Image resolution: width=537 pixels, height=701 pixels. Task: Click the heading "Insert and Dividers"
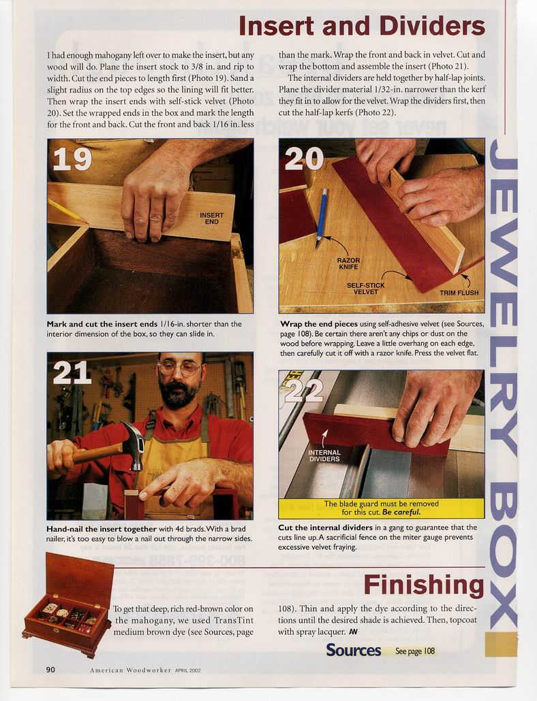point(362,26)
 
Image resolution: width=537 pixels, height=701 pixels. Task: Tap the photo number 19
point(72,159)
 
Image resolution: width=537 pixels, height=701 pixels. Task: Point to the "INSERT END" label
point(212,218)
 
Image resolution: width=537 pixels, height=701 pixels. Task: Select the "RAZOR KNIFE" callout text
point(349,263)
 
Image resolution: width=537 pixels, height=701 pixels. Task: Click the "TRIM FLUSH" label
point(459,293)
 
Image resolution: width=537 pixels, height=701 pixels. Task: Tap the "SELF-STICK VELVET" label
point(365,289)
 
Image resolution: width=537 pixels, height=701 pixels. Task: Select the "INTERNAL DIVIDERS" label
point(324,455)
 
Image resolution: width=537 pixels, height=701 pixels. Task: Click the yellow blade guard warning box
point(381,508)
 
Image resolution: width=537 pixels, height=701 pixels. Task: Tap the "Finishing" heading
point(424,585)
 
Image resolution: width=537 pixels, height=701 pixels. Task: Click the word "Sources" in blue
point(354,650)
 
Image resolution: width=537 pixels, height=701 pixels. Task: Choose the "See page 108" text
point(415,651)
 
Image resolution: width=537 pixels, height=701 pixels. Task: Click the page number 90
point(50,669)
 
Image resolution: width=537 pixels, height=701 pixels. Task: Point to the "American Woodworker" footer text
point(131,670)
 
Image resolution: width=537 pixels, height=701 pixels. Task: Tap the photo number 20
point(305,159)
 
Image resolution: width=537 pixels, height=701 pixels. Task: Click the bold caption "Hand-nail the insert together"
point(102,529)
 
